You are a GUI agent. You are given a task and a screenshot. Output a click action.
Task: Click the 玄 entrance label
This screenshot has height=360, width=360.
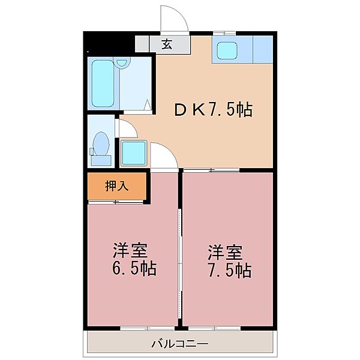(167, 44)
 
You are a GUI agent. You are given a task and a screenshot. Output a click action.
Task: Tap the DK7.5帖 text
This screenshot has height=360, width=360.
(214, 110)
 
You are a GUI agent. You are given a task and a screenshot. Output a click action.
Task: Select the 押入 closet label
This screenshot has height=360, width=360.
(116, 186)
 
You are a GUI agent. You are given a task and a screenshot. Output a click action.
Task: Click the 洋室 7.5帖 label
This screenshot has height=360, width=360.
(229, 262)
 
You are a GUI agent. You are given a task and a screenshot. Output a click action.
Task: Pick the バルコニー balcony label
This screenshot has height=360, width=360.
(180, 344)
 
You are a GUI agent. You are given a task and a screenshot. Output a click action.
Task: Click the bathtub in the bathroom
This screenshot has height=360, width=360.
(103, 83)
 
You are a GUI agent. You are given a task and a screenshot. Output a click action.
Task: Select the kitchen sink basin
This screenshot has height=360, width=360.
(227, 50)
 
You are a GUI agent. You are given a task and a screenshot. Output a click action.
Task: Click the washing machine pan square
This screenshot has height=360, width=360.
(134, 152)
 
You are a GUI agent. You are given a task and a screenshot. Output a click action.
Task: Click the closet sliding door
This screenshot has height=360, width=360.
(116, 202)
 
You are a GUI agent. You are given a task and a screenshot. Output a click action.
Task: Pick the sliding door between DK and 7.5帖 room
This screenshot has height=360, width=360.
(211, 170)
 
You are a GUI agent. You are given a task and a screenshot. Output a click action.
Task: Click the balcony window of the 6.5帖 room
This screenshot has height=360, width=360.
(147, 328)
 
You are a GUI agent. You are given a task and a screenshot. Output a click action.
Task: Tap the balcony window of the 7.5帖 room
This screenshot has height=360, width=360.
(214, 328)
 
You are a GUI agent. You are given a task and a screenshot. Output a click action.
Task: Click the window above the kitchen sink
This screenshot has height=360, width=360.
(224, 34)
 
